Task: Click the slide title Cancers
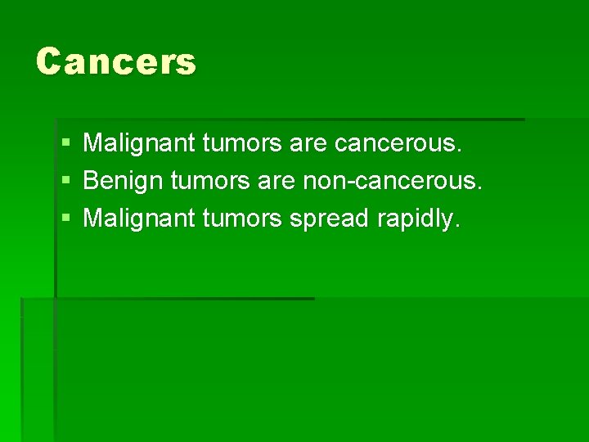tap(116, 61)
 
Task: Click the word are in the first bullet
tap(308, 145)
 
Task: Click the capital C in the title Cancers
tap(50, 61)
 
